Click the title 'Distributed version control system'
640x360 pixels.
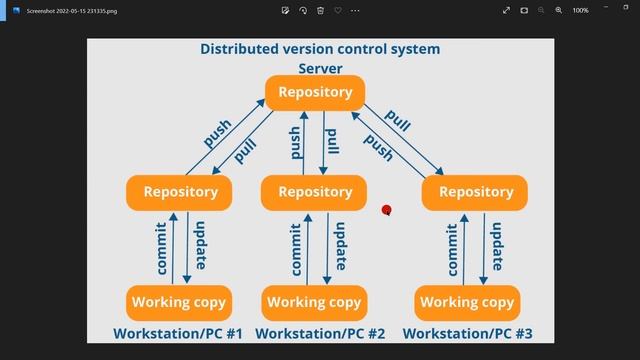point(320,49)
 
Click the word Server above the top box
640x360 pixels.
point(320,69)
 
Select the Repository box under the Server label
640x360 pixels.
point(315,93)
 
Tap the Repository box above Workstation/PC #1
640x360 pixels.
point(180,192)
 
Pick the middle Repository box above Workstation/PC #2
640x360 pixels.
point(315,192)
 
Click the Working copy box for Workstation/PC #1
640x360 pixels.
point(180,302)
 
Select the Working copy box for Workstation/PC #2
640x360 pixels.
point(314,302)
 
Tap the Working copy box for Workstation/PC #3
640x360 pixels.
point(467,302)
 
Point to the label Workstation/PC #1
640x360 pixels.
point(179,334)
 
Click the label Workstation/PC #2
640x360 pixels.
point(320,334)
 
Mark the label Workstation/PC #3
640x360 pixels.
point(467,334)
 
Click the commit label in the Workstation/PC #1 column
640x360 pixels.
point(162,249)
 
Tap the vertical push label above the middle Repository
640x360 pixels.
point(296,143)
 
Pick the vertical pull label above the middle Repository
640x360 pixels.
point(332,143)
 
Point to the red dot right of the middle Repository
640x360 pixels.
point(386,210)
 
